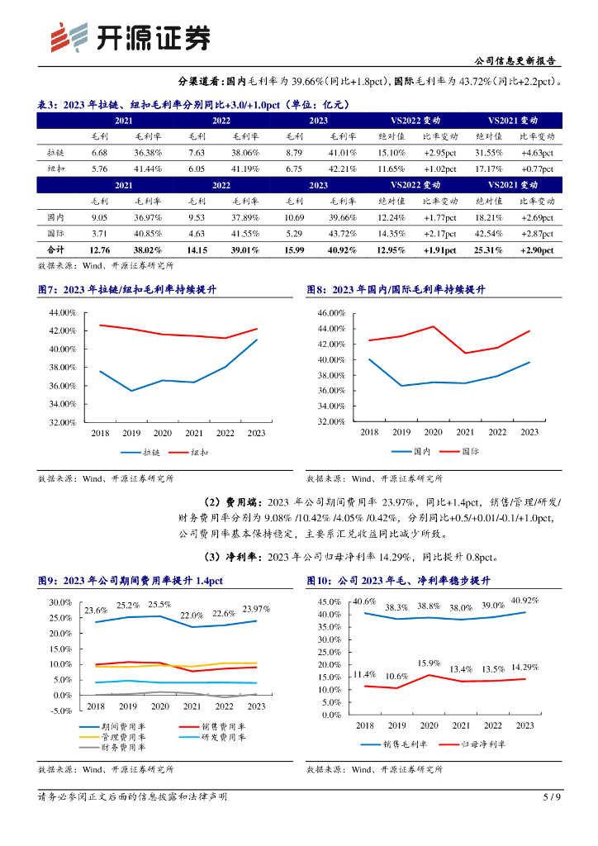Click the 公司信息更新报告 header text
click(515, 60)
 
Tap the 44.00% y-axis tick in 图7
click(63, 313)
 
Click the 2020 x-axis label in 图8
click(433, 432)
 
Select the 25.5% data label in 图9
click(160, 605)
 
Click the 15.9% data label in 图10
click(429, 663)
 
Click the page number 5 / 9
click(552, 797)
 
